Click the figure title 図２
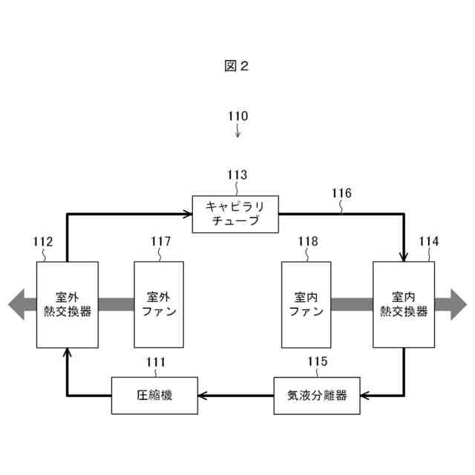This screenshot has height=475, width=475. pos(237,66)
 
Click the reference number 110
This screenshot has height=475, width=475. pos(237,117)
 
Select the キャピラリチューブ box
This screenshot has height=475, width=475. pos(235,214)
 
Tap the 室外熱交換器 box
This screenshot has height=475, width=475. pos(67,304)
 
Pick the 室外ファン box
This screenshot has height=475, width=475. pos(159,304)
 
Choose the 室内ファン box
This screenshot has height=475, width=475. pos(306,304)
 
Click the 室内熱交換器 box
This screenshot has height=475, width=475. pos(404,304)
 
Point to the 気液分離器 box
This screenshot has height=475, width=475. pos(317,395)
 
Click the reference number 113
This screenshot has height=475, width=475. pos(237,175)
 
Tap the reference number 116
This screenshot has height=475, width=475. pos(341,194)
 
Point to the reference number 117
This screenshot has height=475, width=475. pos(160,241)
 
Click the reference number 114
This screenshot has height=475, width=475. pos(428,241)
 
